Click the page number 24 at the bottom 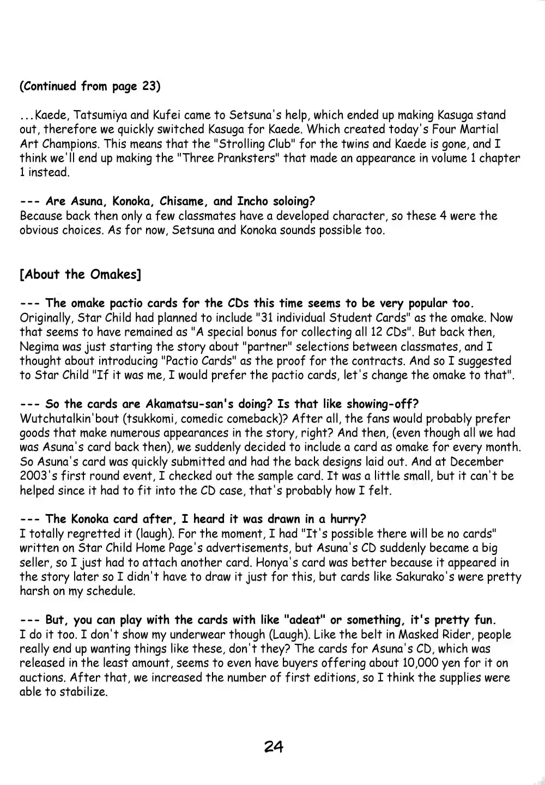pyautogui.click(x=274, y=746)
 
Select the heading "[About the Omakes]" pyautogui.click(x=80, y=274)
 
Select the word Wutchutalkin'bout pyautogui.click(x=74, y=419)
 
